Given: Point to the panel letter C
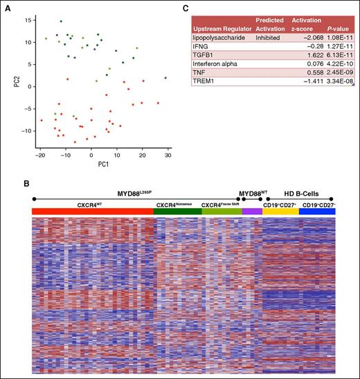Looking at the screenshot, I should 186,7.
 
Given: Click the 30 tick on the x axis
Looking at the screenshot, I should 168,157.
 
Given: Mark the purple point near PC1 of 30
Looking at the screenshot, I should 165,78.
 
